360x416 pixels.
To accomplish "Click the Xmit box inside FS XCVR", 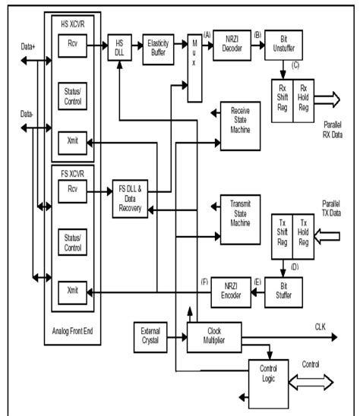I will pyautogui.click(x=74, y=290).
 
